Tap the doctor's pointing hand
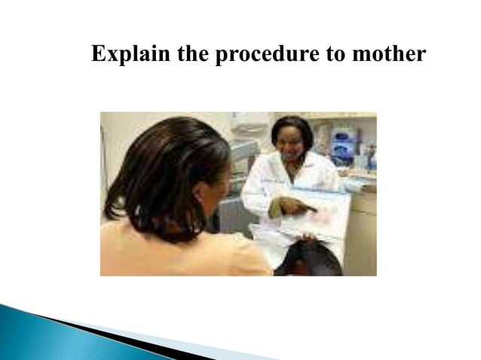click(x=296, y=205)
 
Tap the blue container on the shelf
click(x=343, y=143)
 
